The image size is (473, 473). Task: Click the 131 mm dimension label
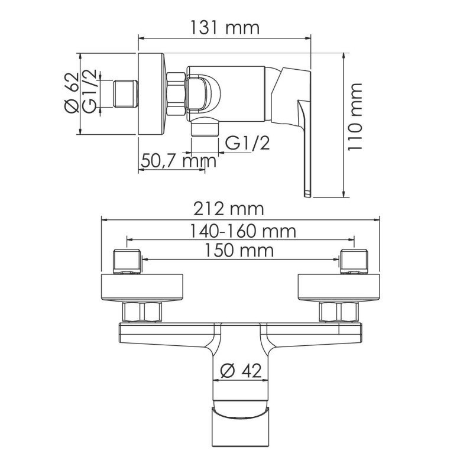(x=224, y=27)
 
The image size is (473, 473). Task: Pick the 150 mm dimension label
(x=240, y=250)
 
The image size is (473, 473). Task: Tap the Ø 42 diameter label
(x=240, y=371)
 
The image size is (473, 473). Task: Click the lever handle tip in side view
(x=307, y=193)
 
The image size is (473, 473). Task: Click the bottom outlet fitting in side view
(x=206, y=128)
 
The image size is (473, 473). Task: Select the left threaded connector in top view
(x=128, y=263)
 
